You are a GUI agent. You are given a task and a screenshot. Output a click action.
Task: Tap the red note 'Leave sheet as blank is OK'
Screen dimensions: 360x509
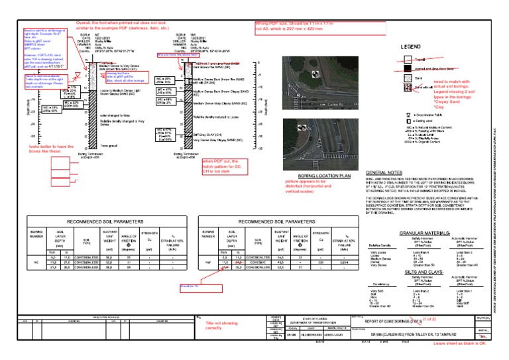[459, 345]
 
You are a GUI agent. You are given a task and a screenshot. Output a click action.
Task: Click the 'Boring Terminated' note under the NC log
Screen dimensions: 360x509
[95, 154]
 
